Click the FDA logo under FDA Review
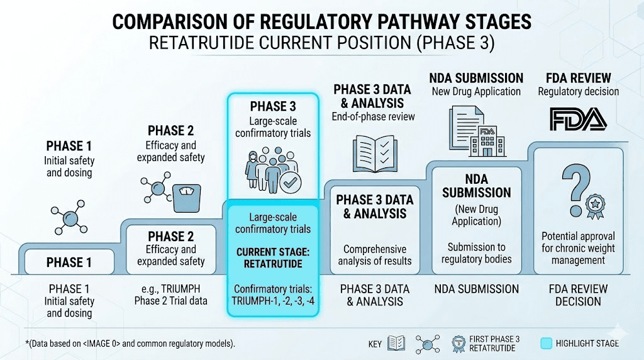578,119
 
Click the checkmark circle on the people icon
291,183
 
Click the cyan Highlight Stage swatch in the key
547,343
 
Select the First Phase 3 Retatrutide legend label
494,344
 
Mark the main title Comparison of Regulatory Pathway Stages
321,22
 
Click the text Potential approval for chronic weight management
578,248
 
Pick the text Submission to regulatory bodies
476,253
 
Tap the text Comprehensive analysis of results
374,255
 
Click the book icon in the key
397,343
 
